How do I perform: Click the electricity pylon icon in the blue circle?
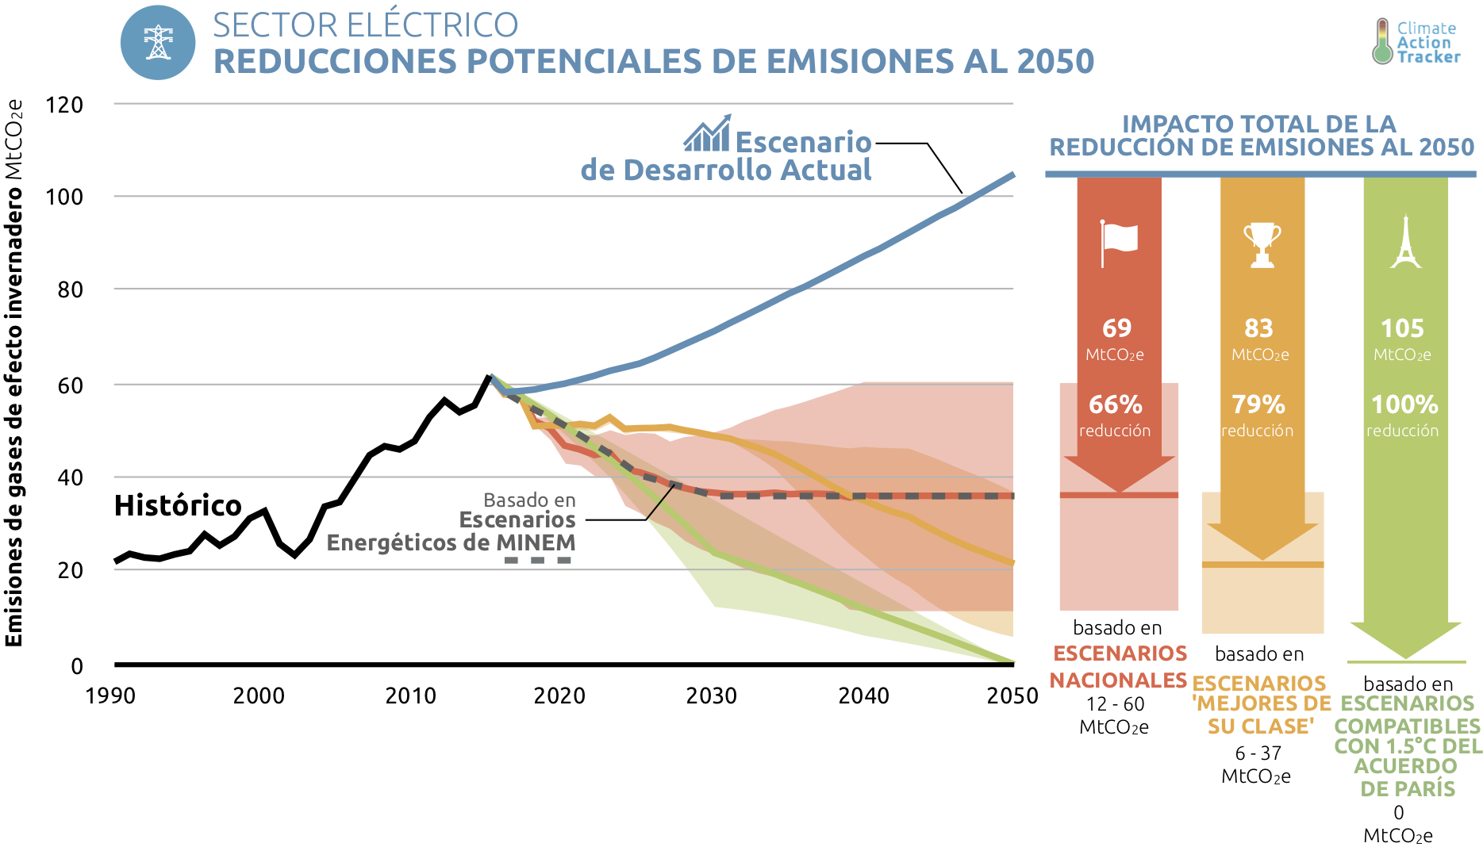158,43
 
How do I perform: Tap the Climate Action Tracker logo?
1417,42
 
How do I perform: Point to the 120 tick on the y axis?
64,105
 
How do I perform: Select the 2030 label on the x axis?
711,696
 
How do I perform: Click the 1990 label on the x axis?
110,696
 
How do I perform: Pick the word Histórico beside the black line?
178,505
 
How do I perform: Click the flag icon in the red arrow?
1119,243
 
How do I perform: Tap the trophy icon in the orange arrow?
1262,244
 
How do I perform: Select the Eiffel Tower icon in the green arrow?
1405,243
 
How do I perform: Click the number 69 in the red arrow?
1116,328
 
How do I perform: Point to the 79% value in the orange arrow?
1258,404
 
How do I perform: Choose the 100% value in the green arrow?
1404,404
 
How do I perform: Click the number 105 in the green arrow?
1402,328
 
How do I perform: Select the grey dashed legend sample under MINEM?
538,560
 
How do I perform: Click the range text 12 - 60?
1115,703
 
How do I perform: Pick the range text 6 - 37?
1258,753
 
